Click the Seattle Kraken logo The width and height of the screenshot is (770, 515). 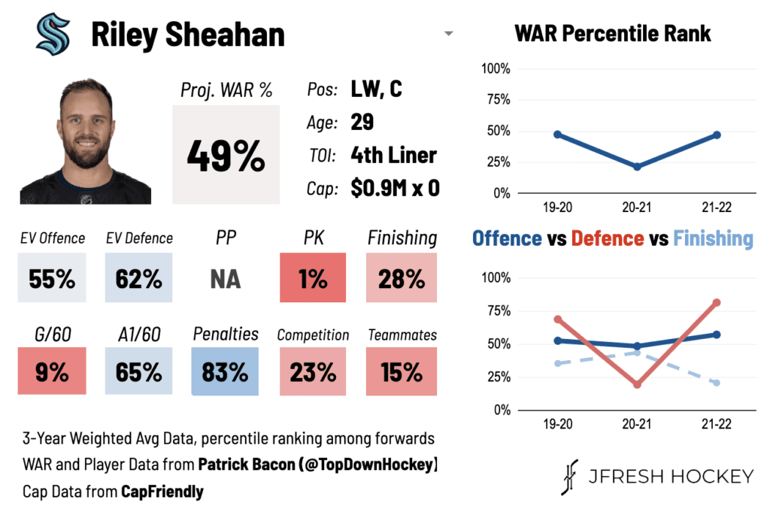coord(53,35)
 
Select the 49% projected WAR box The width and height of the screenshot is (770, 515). coord(226,155)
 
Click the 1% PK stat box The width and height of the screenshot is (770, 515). coord(313,279)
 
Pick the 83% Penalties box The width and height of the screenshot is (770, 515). coord(226,371)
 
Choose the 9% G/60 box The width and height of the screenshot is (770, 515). coord(52,371)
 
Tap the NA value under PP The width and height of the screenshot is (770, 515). coord(226,279)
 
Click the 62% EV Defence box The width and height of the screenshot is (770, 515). coord(139,279)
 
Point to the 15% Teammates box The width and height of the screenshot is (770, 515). coord(402,371)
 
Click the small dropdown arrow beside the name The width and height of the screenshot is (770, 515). coord(449,34)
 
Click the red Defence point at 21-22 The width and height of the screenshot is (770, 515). coord(717,302)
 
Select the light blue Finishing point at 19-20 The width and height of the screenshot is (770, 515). coord(558,363)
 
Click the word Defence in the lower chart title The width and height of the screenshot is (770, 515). coord(607,238)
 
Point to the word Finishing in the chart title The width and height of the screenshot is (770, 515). coord(713,238)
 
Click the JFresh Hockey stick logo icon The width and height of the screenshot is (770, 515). coord(569,477)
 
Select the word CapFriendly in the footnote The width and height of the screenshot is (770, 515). coord(162,492)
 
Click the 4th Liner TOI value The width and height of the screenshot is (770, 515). coord(393,155)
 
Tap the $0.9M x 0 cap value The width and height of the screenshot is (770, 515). coord(395,188)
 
